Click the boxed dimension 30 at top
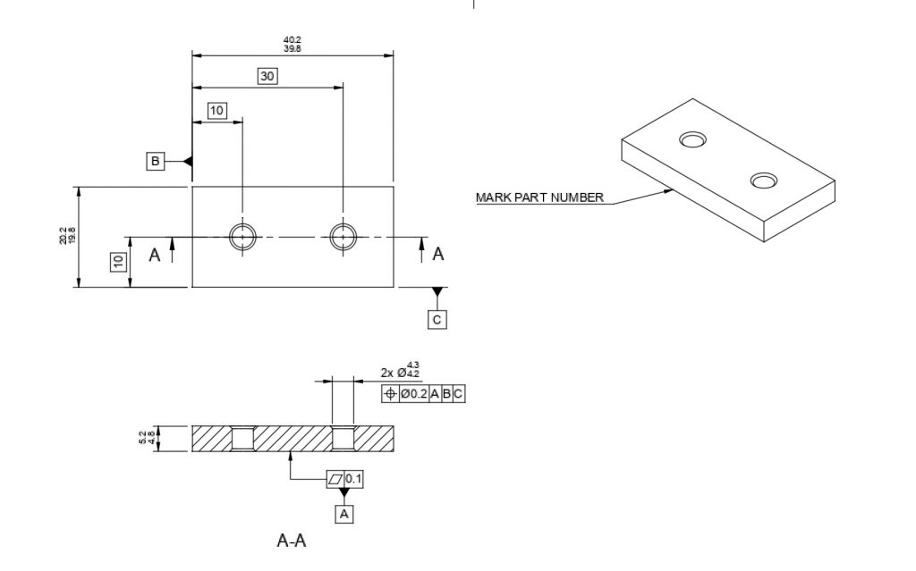tap(267, 76)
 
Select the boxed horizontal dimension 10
tap(216, 110)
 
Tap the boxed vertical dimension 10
tap(117, 262)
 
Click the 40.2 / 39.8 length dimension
tap(293, 44)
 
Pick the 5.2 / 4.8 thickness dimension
tap(146, 439)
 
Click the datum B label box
tap(156, 161)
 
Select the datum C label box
tap(437, 319)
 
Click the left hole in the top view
tap(242, 237)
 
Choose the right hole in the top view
tap(343, 237)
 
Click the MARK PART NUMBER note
tap(539, 197)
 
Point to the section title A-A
tap(292, 541)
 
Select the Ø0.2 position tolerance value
tap(412, 393)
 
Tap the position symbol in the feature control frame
tap(389, 393)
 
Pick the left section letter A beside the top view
tap(154, 256)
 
